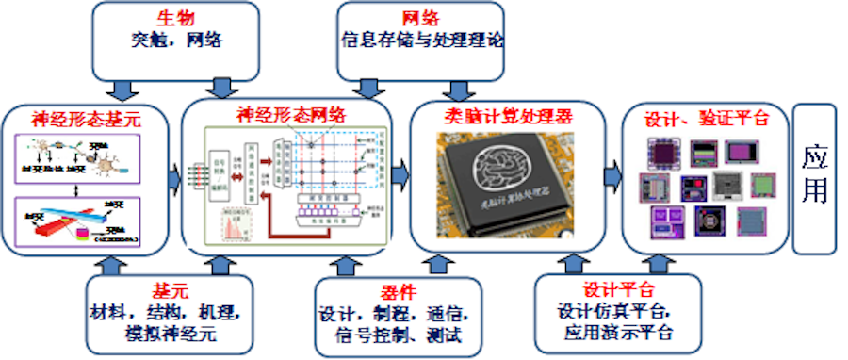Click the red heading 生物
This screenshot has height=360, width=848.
(176, 18)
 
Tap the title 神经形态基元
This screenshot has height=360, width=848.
(87, 120)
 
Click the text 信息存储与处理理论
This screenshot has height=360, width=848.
(423, 41)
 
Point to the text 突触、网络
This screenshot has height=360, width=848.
(176, 41)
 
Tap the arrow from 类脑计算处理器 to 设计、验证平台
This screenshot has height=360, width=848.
(612, 175)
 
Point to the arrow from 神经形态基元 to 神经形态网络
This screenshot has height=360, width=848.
(173, 175)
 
